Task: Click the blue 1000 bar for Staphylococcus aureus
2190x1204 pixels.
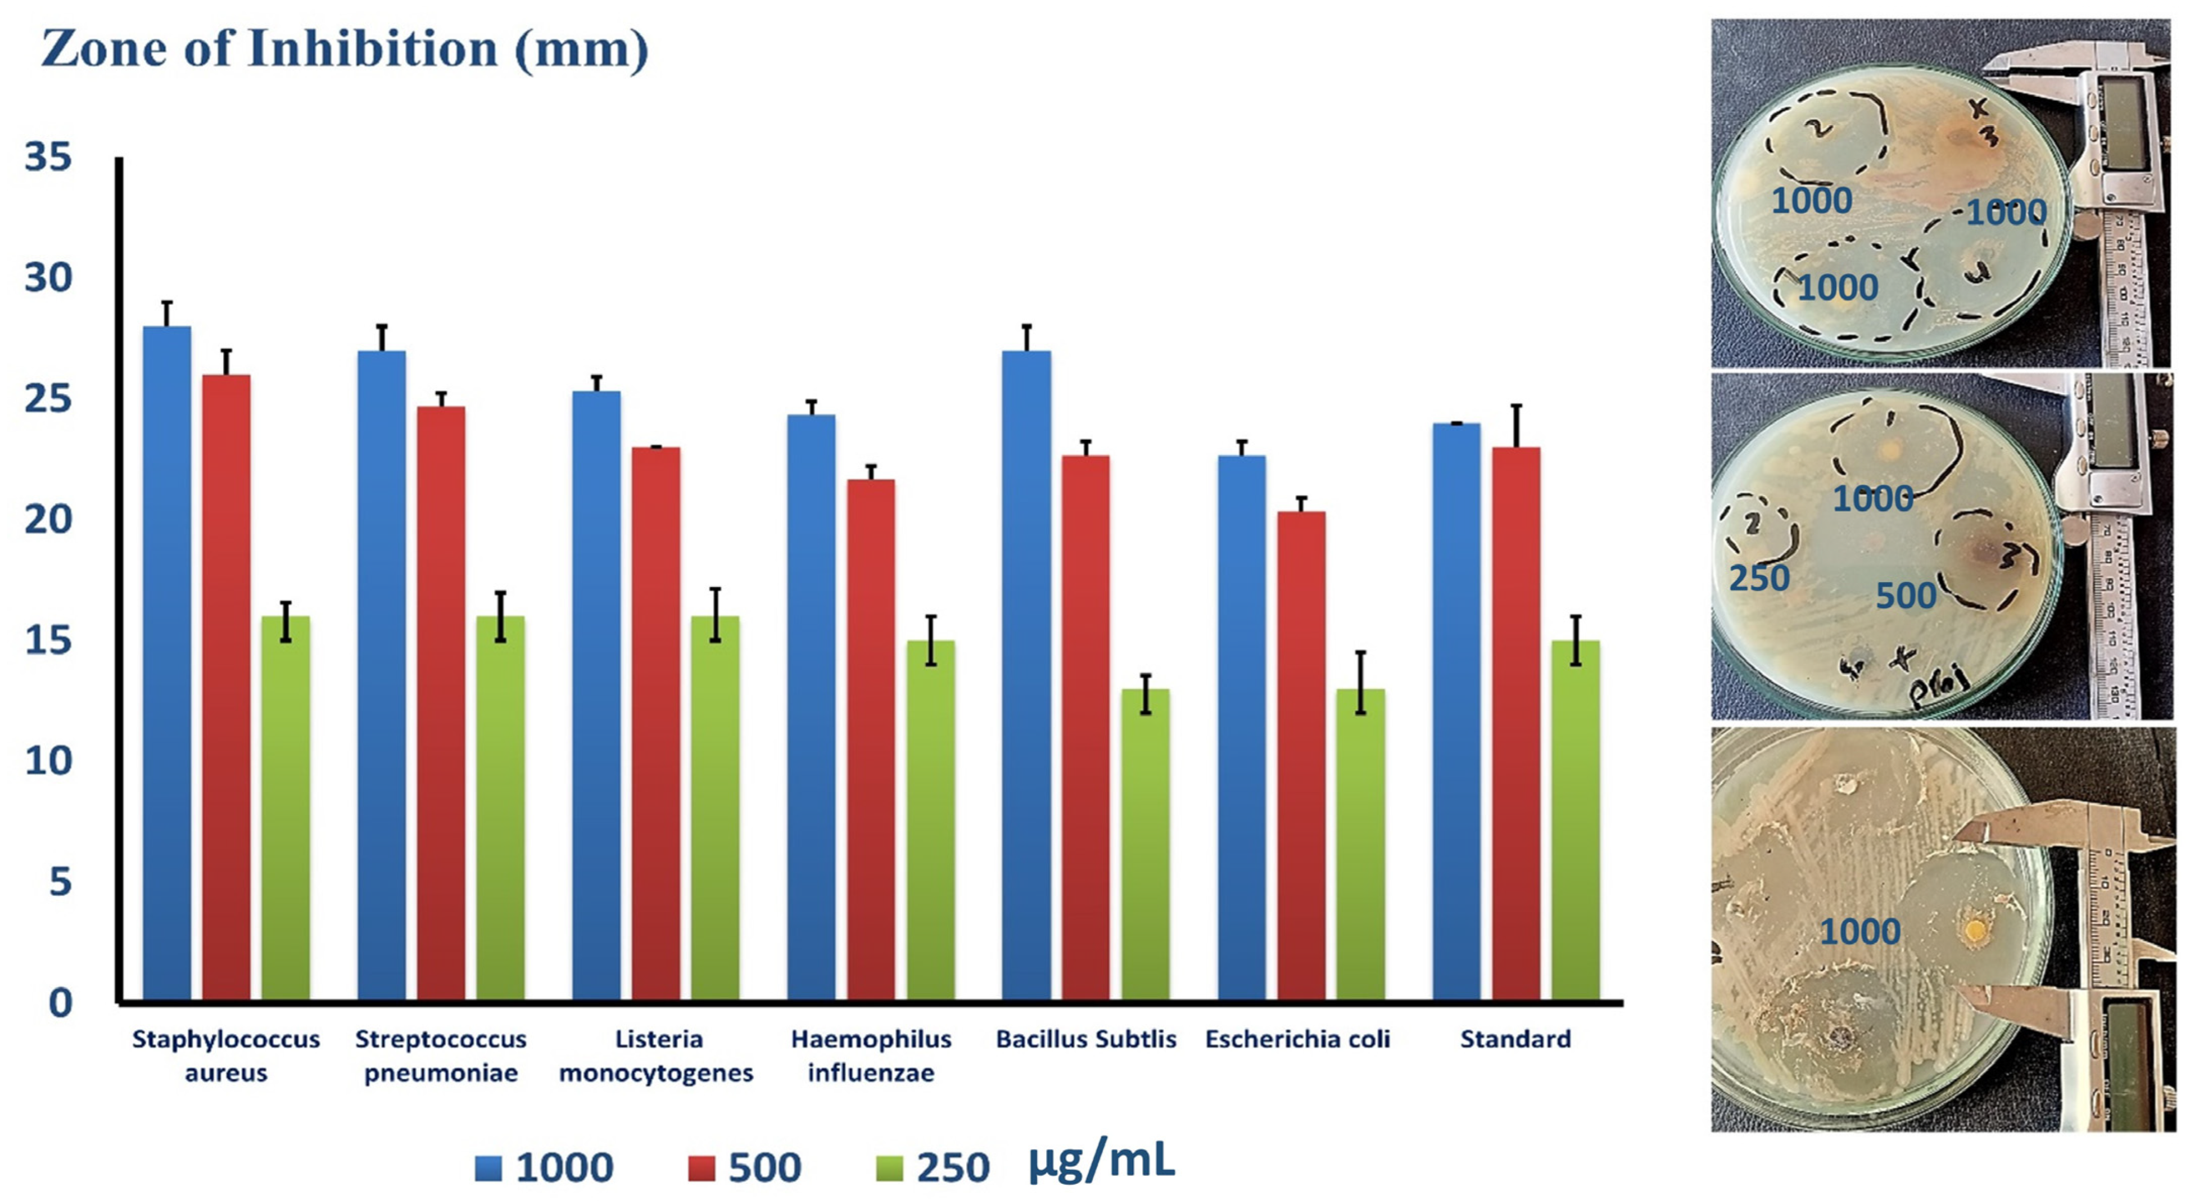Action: pos(166,663)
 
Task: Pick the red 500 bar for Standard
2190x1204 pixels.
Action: pos(1516,723)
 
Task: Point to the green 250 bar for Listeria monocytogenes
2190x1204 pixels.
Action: pos(715,808)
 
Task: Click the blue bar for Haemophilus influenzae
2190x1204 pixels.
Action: pos(811,706)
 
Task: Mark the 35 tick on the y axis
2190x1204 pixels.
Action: pos(48,158)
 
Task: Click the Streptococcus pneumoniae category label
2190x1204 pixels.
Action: pos(440,1055)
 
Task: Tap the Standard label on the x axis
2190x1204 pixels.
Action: pos(1515,1039)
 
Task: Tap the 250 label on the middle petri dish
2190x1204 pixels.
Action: pos(1759,579)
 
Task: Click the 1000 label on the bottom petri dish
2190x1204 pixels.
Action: pos(1859,932)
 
